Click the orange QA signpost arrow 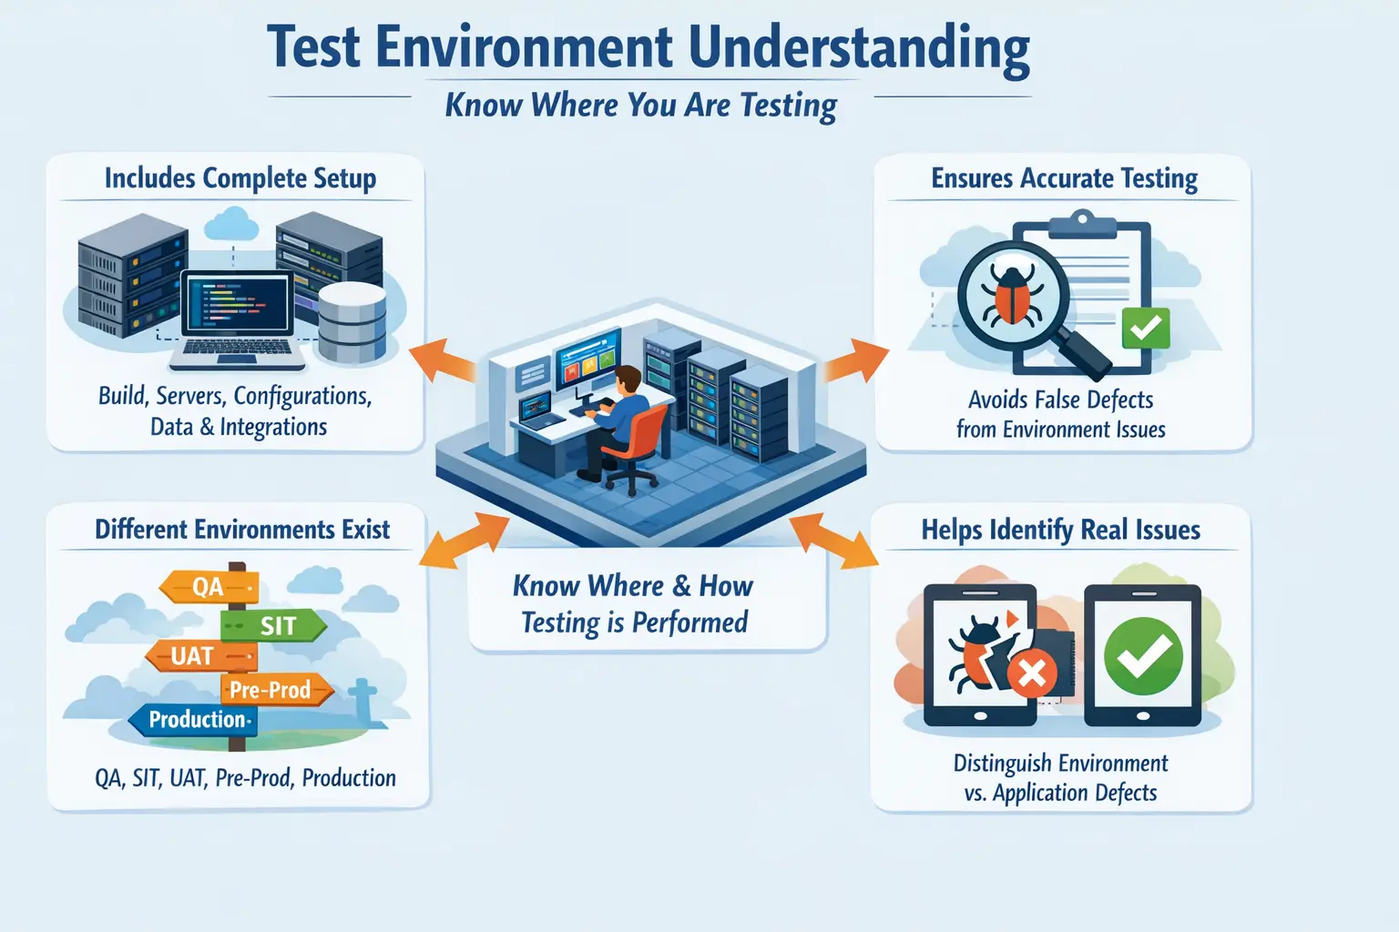coord(209,587)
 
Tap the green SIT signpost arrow coord(273,625)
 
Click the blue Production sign coord(193,720)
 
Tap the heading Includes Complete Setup coord(240,178)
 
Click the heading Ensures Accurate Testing coord(1064,178)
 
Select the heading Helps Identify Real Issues coord(1060,530)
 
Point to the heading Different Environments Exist coord(242,530)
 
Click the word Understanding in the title coord(859,48)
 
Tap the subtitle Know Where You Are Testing coord(640,106)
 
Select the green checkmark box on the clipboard coord(1146,328)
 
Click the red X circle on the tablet coord(1032,674)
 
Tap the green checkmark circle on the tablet coord(1143,655)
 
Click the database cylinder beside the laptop coord(352,322)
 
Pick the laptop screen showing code coord(237,303)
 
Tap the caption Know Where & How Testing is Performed coord(634,603)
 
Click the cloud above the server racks coord(233,223)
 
